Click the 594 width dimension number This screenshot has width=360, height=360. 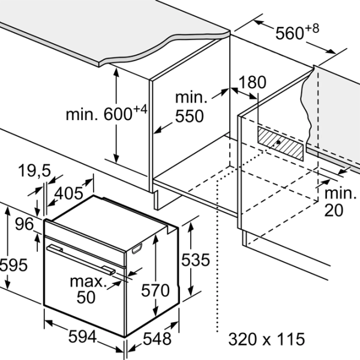point(83,337)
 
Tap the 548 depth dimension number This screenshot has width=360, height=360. point(157,338)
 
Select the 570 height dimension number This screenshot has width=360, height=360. point(155,290)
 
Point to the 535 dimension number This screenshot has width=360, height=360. point(196,260)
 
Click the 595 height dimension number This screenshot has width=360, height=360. point(14,265)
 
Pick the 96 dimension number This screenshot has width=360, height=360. point(25,224)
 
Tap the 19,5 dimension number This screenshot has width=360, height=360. point(34,170)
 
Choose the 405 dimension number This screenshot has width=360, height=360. point(68,193)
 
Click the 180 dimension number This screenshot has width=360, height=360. point(253,82)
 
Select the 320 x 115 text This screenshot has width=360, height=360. point(266,339)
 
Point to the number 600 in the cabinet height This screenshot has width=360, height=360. point(118,114)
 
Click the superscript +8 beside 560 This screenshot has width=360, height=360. point(312,28)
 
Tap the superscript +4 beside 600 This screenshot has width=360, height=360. point(140,110)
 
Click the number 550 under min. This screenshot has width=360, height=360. point(190,116)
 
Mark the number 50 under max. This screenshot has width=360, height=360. point(86,297)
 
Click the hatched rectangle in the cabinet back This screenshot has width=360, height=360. point(280,143)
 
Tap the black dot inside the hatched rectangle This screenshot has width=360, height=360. point(278,142)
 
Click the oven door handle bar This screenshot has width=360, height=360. point(81,260)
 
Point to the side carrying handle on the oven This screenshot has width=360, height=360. point(137,248)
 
